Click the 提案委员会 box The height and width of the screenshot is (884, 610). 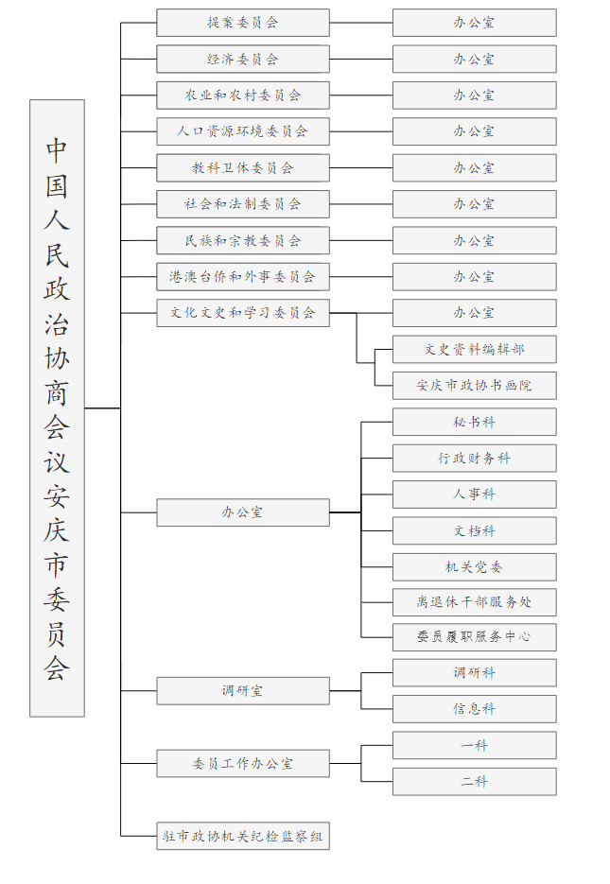point(243,23)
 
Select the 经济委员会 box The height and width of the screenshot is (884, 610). point(243,60)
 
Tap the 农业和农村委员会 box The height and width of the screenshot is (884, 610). point(243,95)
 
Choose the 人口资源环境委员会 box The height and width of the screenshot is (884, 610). point(243,131)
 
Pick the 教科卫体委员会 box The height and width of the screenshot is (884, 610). point(243,168)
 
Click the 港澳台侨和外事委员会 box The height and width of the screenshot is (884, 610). point(243,277)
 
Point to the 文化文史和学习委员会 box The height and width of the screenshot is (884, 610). point(243,313)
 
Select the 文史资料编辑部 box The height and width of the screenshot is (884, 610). point(475,350)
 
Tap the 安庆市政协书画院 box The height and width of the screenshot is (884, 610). point(475,386)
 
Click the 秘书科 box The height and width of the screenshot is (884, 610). point(475,422)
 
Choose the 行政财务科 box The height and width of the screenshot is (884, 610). point(475,459)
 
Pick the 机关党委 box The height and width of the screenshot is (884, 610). point(475,567)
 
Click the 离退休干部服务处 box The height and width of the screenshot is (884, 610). point(475,602)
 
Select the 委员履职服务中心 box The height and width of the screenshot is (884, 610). point(475,637)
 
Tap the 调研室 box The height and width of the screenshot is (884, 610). point(243,690)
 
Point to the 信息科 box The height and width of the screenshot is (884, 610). point(475,709)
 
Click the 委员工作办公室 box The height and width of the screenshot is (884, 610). point(243,763)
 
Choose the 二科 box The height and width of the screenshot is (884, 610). point(475,781)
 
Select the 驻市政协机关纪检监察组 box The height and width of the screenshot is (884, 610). point(243,836)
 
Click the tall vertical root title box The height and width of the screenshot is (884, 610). point(57,408)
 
